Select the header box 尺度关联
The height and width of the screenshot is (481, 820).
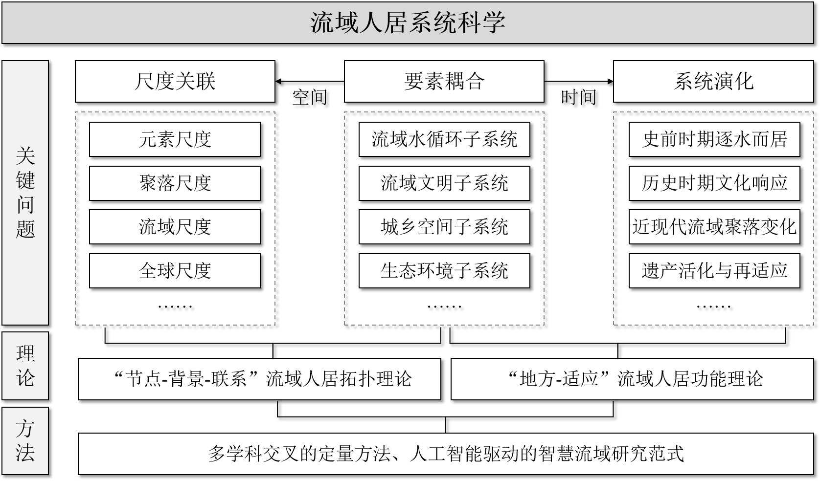tap(175, 81)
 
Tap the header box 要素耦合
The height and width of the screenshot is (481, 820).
tap(444, 81)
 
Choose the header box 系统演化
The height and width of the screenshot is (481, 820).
tap(713, 81)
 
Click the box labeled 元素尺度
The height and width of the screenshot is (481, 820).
tap(175, 140)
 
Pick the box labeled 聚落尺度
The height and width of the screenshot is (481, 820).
tap(175, 183)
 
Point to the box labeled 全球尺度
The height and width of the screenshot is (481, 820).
tap(175, 270)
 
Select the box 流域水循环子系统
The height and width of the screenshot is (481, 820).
tap(444, 140)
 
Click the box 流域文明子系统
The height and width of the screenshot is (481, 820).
tap(444, 183)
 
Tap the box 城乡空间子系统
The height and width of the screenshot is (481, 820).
tap(444, 227)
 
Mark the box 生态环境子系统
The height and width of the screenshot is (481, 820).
tap(444, 270)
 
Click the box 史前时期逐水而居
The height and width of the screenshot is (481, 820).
tap(714, 140)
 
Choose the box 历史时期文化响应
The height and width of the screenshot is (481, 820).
tap(714, 183)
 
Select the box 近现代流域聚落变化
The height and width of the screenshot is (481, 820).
tap(714, 227)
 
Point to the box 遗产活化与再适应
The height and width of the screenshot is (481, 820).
tap(714, 270)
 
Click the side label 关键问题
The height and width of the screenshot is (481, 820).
tap(25, 193)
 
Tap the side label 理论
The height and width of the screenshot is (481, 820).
tap(25, 366)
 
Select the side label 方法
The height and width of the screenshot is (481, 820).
tap(25, 440)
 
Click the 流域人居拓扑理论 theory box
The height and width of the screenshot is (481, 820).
tap(259, 379)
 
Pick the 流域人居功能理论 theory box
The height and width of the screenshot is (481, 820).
tap(632, 379)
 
